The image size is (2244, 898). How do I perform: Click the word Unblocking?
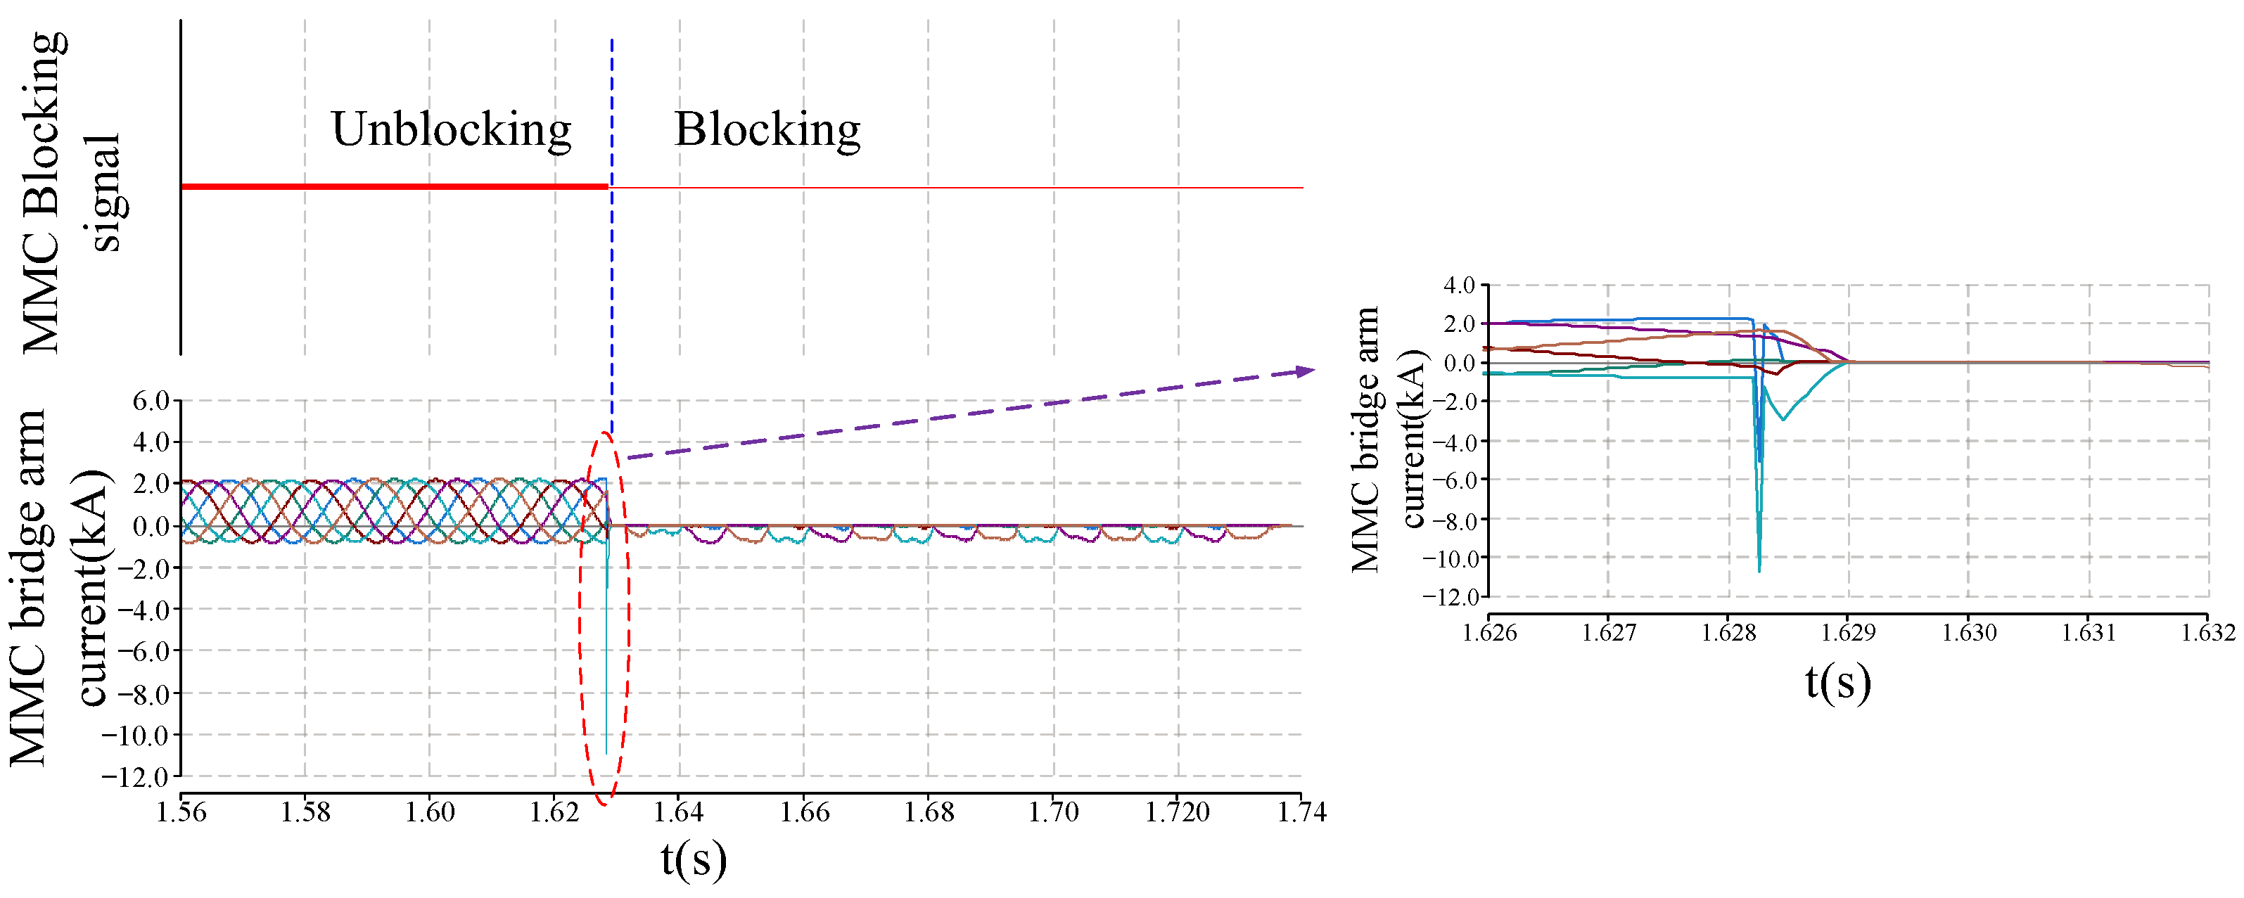click(450, 130)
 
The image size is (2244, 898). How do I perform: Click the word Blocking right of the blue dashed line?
click(767, 130)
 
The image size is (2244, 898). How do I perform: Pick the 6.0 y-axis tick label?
click(150, 401)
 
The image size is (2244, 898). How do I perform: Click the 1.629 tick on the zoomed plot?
click(1849, 631)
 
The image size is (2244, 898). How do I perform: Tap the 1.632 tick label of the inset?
click(2207, 631)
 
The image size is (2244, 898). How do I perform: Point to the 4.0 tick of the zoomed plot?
click(1459, 285)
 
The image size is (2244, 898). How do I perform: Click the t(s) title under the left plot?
click(694, 860)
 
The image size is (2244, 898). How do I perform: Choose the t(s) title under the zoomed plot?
click(1838, 682)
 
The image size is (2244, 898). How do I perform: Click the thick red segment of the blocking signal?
click(392, 186)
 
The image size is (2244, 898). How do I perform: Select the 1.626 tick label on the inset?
click(1488, 631)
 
